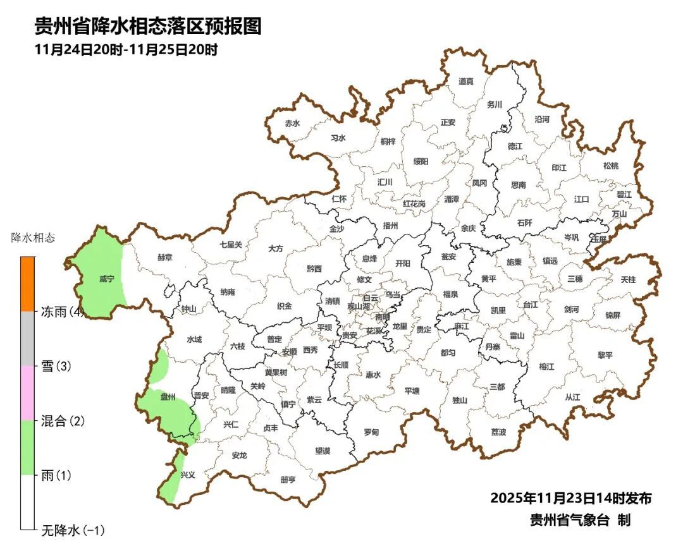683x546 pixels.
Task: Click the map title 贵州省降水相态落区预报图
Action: point(147,26)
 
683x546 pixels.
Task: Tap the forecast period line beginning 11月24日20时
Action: point(126,49)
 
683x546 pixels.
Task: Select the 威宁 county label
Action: point(106,278)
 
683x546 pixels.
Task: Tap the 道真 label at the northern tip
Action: point(466,81)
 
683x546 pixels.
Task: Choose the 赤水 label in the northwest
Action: point(292,123)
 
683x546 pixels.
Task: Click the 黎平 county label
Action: point(605,355)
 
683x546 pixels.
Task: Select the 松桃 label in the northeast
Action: point(610,166)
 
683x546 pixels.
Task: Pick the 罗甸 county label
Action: point(371,432)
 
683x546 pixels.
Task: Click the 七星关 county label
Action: point(231,244)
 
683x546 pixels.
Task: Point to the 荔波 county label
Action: point(498,432)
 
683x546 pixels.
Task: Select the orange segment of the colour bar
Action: point(27,284)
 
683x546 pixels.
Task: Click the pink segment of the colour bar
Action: point(27,392)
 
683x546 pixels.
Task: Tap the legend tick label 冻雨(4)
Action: point(63,312)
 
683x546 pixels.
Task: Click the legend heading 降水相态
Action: point(33,238)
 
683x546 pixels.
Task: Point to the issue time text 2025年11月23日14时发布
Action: point(570,498)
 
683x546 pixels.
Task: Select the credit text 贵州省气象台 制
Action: point(580,520)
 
